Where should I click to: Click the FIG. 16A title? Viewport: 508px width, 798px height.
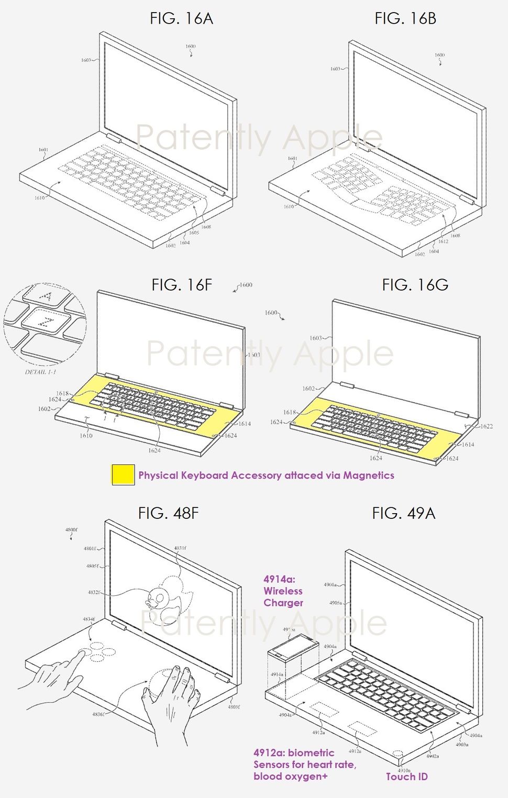point(181,19)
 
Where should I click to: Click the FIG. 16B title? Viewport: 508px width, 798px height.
point(405,19)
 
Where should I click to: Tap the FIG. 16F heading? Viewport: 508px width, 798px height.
point(182,285)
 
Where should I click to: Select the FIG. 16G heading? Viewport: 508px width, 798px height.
point(415,285)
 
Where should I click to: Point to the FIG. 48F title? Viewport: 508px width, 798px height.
point(168,513)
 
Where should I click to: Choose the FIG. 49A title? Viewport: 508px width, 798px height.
point(403,513)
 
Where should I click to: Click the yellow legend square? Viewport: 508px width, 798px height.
point(123,474)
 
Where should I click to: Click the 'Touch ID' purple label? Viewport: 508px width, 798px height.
point(406,777)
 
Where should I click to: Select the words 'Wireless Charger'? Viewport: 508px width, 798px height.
point(283,597)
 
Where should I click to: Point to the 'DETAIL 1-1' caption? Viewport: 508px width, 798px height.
point(40,372)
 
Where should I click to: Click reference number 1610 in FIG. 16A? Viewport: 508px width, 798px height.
point(39,198)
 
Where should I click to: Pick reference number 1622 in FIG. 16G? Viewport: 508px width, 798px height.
point(487,426)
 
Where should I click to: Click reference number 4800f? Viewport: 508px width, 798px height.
point(71,530)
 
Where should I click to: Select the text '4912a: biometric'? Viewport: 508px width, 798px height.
point(293,753)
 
